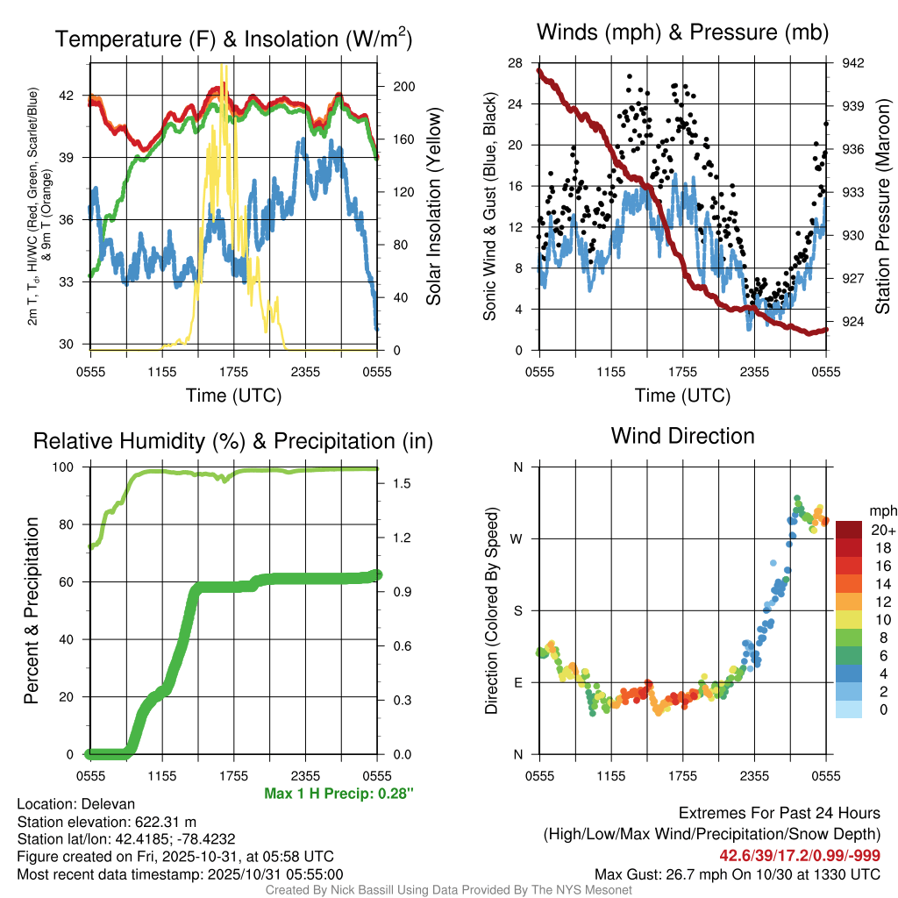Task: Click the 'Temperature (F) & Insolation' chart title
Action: click(233, 39)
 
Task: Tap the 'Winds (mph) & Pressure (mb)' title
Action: click(682, 33)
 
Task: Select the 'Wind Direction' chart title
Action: click(682, 436)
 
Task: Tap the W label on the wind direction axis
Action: click(517, 538)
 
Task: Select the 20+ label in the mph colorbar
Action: click(881, 531)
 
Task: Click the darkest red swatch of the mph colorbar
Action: click(850, 530)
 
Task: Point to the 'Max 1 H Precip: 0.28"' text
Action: click(339, 794)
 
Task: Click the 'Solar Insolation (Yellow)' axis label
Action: click(433, 207)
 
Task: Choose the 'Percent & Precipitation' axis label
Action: click(31, 610)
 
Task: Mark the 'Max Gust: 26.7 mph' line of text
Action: click(738, 873)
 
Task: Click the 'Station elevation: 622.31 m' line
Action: click(107, 822)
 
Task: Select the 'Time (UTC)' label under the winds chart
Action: click(682, 396)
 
